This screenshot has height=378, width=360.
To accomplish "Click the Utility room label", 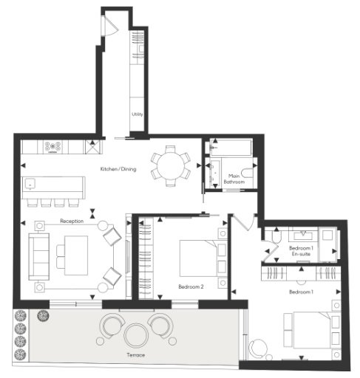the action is [x=137, y=114].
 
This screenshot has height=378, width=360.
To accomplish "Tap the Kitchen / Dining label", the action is [x=118, y=169].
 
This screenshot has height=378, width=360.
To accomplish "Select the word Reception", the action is [x=72, y=221].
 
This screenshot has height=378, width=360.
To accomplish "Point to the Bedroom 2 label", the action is [x=191, y=286].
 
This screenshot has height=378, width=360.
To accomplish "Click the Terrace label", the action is [x=136, y=355].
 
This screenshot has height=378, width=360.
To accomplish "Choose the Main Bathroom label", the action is [x=234, y=179].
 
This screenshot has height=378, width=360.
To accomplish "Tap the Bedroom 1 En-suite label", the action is [x=301, y=251].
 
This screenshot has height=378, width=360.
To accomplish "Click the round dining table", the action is [x=171, y=165].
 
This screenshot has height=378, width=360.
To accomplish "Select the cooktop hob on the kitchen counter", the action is [x=52, y=147].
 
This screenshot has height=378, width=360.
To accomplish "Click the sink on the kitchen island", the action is [x=30, y=184].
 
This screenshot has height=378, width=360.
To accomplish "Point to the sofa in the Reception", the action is [x=38, y=257].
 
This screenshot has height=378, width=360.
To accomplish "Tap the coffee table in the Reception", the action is [x=76, y=255].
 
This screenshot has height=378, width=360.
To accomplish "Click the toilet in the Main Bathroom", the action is [x=247, y=173].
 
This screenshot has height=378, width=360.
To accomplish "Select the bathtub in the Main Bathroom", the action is [x=231, y=148].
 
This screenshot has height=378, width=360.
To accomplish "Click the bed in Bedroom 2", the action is [x=199, y=258].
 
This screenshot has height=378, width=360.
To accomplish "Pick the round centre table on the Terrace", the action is [x=136, y=336].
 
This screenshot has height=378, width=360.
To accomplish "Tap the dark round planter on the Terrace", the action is [x=43, y=315].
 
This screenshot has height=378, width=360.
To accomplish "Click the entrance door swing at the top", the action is [x=110, y=26].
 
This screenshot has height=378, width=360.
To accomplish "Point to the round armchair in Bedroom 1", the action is [x=258, y=348].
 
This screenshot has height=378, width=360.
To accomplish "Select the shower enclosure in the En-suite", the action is [x=328, y=244].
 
